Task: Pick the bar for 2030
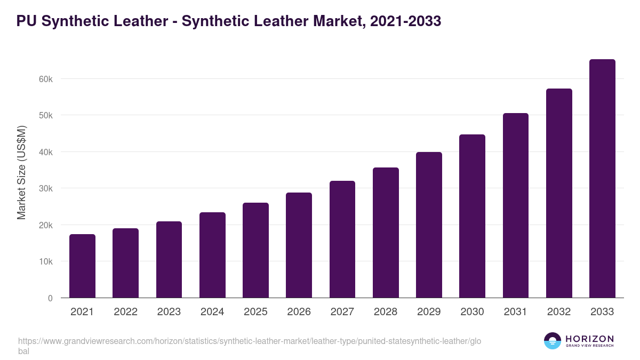coord(473,216)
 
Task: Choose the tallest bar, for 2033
coord(602,178)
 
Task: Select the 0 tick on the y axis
coord(50,299)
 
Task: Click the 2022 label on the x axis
coord(125,312)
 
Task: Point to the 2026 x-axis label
coord(299,312)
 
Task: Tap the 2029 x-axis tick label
coord(429,312)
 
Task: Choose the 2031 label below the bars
coord(516,312)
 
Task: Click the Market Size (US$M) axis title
coord(22,172)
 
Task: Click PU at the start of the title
coord(26,21)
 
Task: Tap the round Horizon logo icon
coord(553,341)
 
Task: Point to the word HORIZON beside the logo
coord(590,339)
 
